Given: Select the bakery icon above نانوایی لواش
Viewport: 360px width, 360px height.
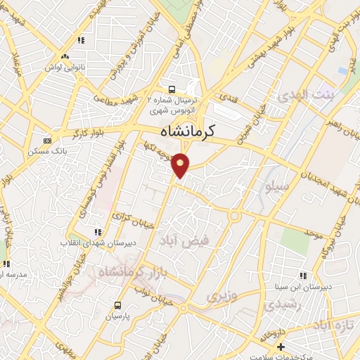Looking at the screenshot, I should coord(65,56).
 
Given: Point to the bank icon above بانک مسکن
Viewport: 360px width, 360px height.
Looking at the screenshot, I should coord(47,141).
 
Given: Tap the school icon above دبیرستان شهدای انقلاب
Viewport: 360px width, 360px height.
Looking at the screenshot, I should coord(98,232).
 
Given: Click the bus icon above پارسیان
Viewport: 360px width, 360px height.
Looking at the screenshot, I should coord(117,306).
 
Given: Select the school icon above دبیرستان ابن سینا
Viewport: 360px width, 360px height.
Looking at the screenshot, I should coord(303,276).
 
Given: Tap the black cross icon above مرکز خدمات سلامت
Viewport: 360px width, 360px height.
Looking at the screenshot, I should coord(281,346).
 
